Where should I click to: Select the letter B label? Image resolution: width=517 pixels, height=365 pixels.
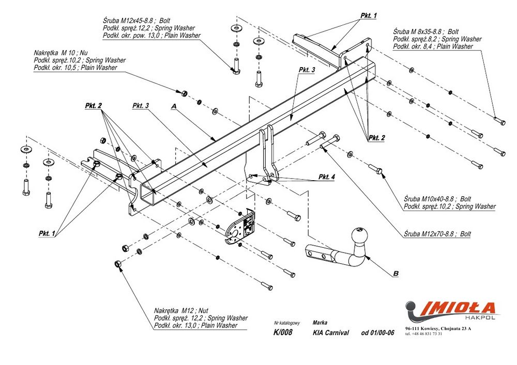pos(396,274)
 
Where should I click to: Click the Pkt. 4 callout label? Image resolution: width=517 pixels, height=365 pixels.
pos(326,177)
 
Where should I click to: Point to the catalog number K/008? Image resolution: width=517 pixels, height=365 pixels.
pos(283,332)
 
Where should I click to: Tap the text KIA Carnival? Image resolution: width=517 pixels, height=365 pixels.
pos(331,333)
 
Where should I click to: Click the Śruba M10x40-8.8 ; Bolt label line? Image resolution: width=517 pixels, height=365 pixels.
pos(437,199)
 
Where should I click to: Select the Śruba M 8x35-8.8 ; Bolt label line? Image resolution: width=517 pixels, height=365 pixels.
pos(428,31)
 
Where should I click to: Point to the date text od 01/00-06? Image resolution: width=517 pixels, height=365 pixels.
pos(377,333)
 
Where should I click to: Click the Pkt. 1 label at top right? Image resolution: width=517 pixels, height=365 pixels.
pos(368,15)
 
